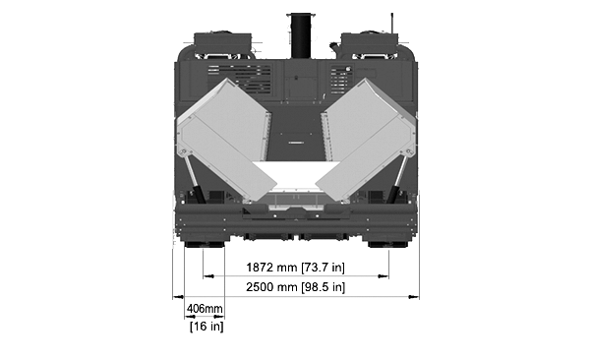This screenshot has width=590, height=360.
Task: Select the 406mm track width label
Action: click(206, 309)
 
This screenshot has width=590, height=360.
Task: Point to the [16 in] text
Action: click(206, 327)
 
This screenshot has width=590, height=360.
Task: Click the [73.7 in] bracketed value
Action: click(323, 268)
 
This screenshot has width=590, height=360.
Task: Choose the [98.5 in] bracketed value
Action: click(323, 287)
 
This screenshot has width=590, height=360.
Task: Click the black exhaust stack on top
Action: click(301, 35)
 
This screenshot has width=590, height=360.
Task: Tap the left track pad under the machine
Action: click(205, 244)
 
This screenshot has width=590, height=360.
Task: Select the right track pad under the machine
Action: click(387, 244)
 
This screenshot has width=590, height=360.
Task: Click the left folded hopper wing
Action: click(226, 140)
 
